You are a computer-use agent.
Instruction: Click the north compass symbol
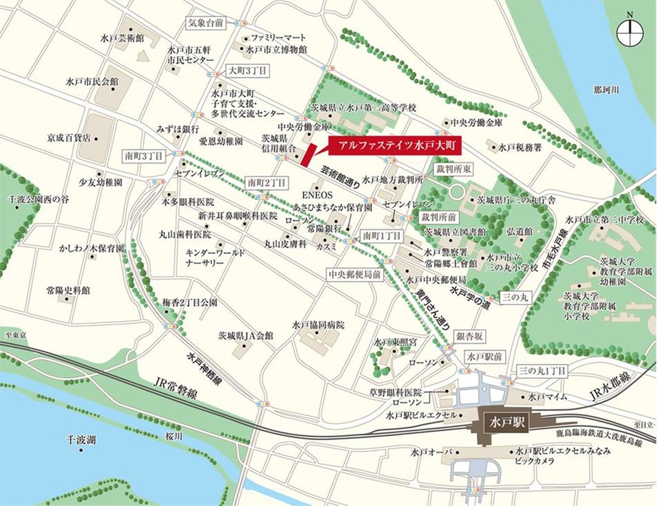click(629, 30)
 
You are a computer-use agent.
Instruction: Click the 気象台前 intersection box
click(206, 23)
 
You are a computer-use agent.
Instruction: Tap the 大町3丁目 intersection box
click(247, 71)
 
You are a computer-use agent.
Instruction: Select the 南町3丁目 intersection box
click(143, 156)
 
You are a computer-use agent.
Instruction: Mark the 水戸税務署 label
click(520, 147)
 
